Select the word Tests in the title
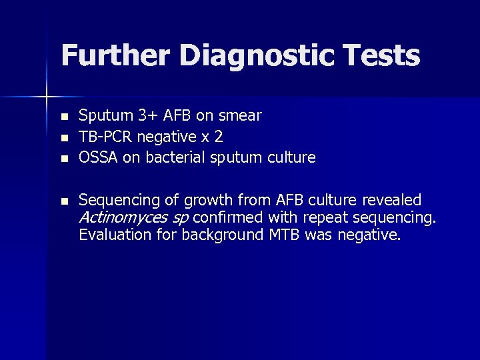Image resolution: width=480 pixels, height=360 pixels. click(385, 55)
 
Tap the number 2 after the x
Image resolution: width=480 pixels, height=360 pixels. click(219, 137)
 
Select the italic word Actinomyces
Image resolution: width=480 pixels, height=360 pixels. click(123, 217)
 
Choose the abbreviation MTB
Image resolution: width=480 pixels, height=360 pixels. click(285, 234)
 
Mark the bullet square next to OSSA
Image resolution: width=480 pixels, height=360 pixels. click(64, 159)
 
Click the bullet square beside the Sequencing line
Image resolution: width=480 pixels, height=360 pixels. click(64, 201)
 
